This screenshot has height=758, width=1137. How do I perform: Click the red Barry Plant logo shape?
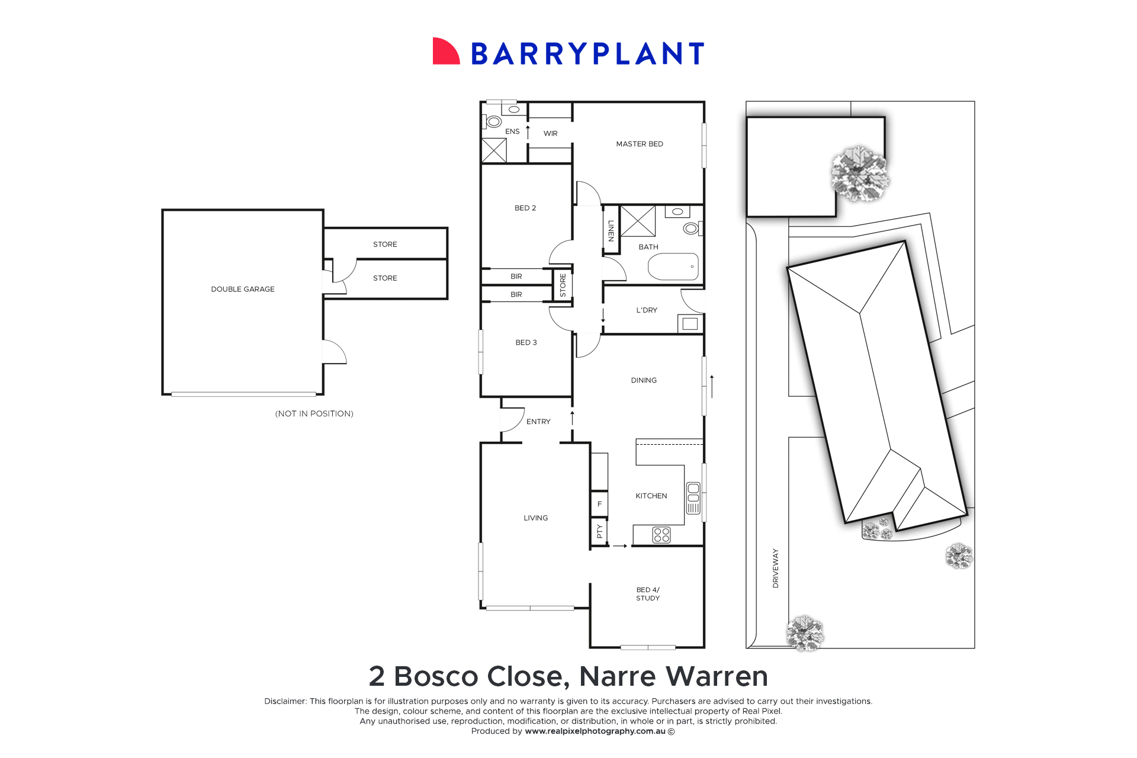pos(445,52)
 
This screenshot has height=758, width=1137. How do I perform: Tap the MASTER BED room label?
pos(640,144)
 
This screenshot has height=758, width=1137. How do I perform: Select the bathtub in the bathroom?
pos(673,266)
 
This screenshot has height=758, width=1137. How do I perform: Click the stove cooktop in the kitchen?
pos(661,535)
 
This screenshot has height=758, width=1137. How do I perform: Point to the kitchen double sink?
pos(693,498)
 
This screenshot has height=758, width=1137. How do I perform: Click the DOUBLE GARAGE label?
pos(243,289)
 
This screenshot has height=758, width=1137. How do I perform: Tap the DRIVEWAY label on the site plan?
pos(776,568)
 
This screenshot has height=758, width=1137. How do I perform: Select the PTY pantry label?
pos(599,531)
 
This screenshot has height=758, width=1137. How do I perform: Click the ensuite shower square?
pos(494,150)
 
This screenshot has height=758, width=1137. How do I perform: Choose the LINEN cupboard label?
pos(611,231)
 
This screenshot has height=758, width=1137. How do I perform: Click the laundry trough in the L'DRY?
pos(690,323)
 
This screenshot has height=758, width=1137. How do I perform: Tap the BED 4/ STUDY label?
pos(648,594)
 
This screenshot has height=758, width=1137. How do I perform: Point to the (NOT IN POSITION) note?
pos(314,413)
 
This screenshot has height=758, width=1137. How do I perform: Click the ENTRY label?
pos(538,422)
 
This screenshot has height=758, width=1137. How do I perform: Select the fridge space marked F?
pos(599,504)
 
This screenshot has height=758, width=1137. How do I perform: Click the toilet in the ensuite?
pos(494,122)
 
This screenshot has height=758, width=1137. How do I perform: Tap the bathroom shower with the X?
pos(638,221)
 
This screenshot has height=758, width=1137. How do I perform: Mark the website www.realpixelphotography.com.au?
pos(595,731)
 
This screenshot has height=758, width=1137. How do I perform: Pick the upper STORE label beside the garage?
pos(385,244)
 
